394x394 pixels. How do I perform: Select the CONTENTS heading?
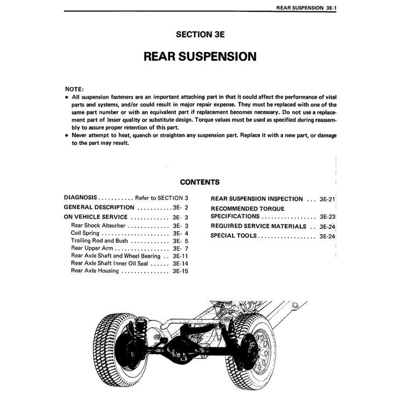pyautogui.click(x=199, y=182)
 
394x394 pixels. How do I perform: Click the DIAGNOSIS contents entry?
pyautogui.click(x=80, y=198)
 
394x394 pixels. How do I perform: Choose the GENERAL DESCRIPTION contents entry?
pyautogui.click(x=99, y=207)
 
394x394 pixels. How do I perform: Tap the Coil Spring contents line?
pyautogui.click(x=85, y=233)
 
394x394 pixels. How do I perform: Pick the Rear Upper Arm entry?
pyautogui.click(x=92, y=249)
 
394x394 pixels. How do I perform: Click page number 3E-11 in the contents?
pyautogui.click(x=180, y=256)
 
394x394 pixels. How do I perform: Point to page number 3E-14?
pyautogui.click(x=180, y=264)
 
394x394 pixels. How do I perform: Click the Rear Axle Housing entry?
pyautogui.click(x=95, y=271)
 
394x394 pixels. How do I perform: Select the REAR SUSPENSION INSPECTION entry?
pyautogui.click(x=256, y=199)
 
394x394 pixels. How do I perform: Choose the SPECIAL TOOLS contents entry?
pyautogui.click(x=234, y=236)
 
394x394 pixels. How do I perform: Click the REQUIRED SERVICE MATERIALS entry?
pyautogui.click(x=258, y=226)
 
